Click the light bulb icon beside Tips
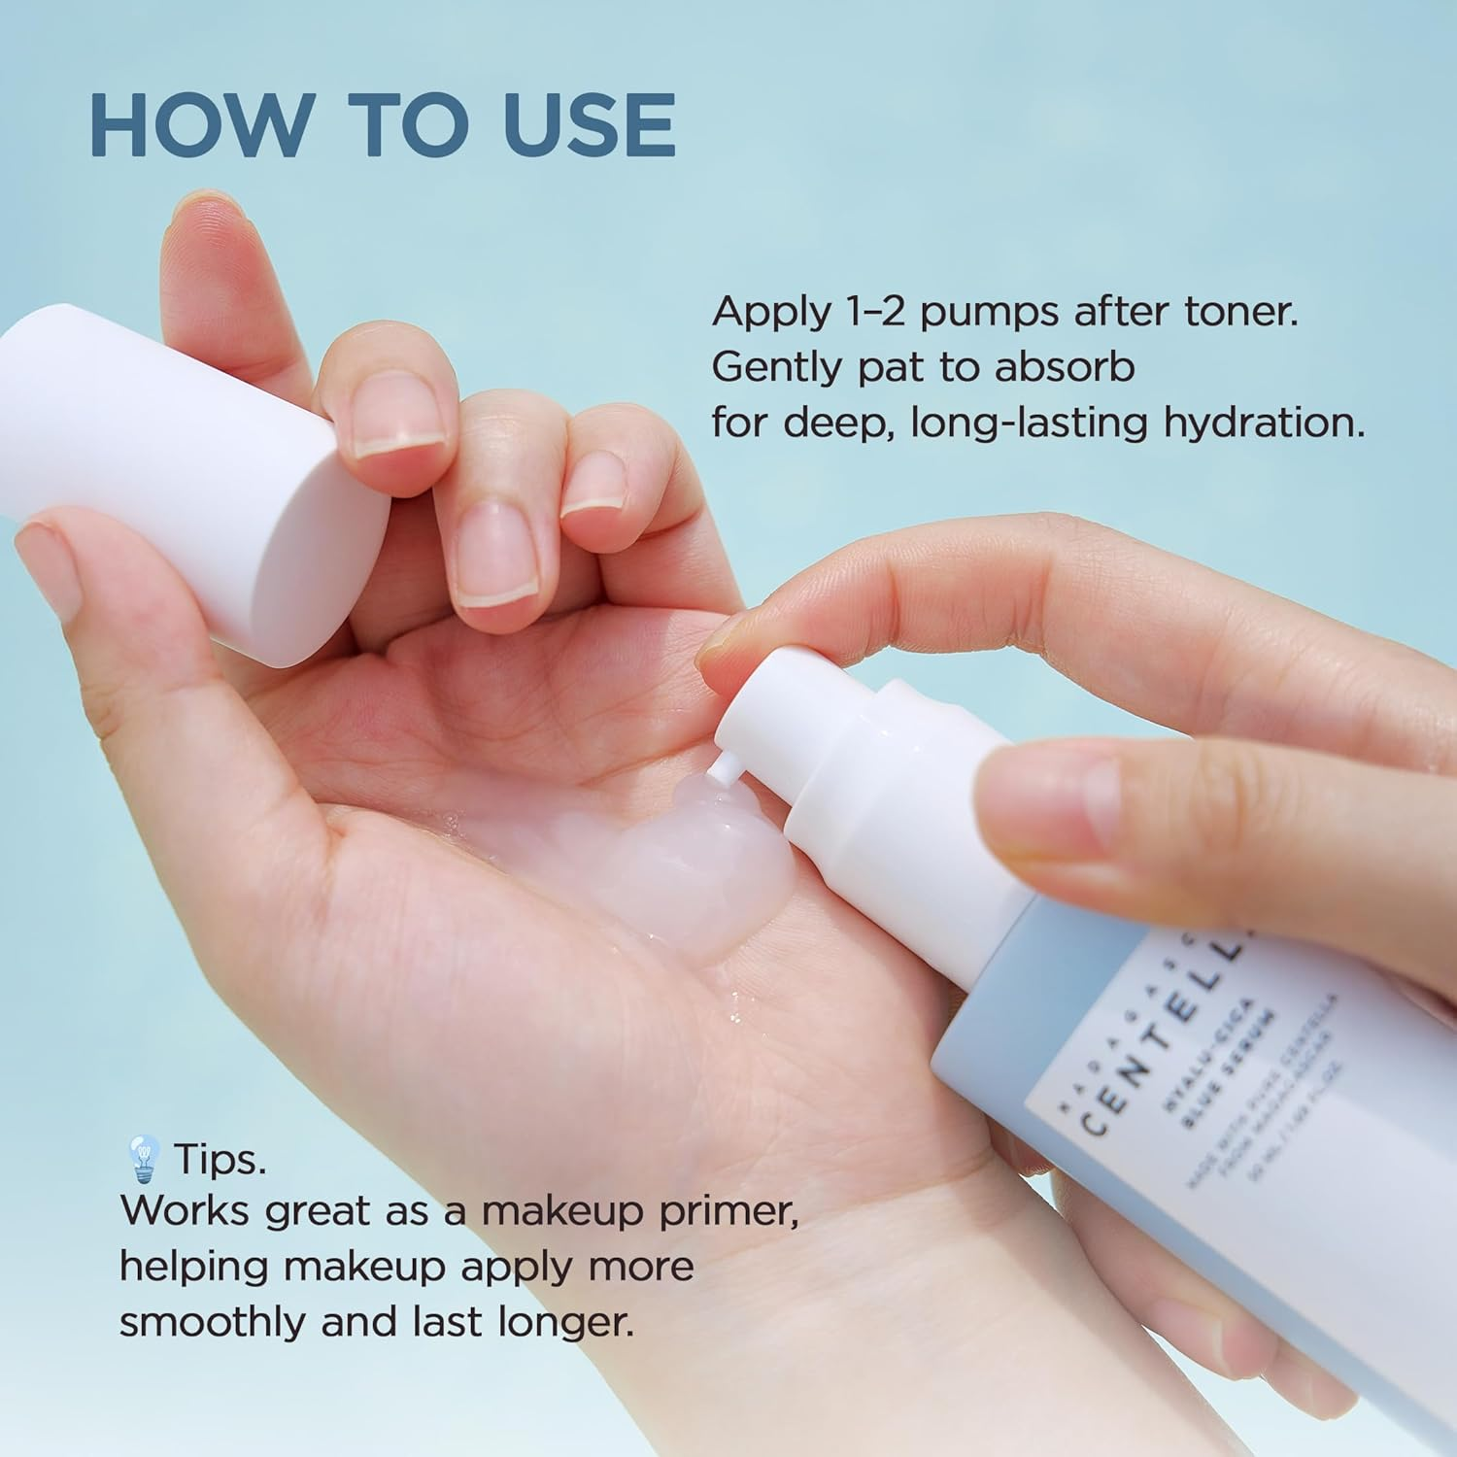(x=144, y=1158)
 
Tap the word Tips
(x=220, y=1158)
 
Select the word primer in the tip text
(x=728, y=1212)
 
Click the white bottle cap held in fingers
(x=194, y=476)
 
